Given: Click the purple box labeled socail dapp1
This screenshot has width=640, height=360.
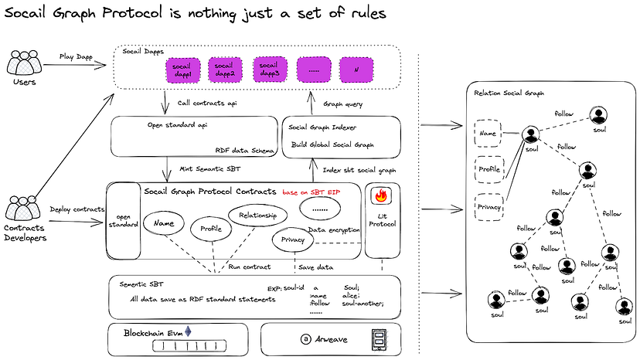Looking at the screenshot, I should pyautogui.click(x=182, y=70).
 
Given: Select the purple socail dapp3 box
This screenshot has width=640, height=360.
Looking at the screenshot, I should pyautogui.click(x=270, y=70).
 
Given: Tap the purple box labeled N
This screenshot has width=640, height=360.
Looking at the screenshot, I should pyautogui.click(x=356, y=70).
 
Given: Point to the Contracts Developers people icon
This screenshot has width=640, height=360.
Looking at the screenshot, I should pyautogui.click(x=24, y=208).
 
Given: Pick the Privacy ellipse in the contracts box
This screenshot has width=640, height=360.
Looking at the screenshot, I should pyautogui.click(x=292, y=240).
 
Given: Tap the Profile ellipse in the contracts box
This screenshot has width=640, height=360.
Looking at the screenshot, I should pyautogui.click(x=211, y=229).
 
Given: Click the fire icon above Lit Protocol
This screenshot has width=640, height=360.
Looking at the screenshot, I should pyautogui.click(x=380, y=195).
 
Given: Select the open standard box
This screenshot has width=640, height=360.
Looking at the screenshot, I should pyautogui.click(x=122, y=221).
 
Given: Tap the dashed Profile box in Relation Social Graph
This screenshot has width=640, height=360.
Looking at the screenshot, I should pyautogui.click(x=489, y=168).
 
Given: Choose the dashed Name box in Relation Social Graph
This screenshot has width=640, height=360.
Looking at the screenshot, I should pyautogui.click(x=489, y=133).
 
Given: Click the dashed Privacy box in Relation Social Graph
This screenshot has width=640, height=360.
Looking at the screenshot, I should pyautogui.click(x=489, y=208).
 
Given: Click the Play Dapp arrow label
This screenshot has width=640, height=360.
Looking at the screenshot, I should pyautogui.click(x=77, y=56).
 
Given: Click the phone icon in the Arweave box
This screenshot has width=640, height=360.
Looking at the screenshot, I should pyautogui.click(x=379, y=339).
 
